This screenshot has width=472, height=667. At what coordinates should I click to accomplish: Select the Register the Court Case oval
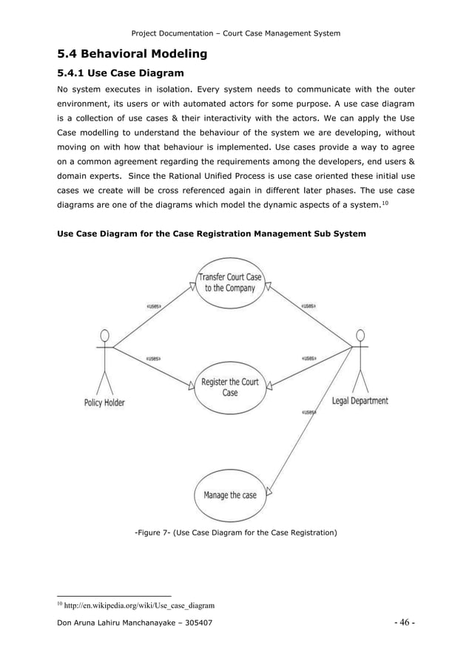pos(229,387)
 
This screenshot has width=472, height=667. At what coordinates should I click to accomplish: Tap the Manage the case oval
pos(229,495)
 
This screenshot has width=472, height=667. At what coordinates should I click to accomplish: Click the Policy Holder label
pos(104,403)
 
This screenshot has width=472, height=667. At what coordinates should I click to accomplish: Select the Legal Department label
pos(360,402)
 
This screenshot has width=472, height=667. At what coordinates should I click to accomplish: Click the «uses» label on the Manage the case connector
pos(309,412)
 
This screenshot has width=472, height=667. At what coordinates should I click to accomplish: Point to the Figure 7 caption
pos(235,532)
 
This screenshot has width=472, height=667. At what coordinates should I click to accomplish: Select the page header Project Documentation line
pos(235,33)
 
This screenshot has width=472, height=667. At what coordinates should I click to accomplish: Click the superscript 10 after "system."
pos(385,201)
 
